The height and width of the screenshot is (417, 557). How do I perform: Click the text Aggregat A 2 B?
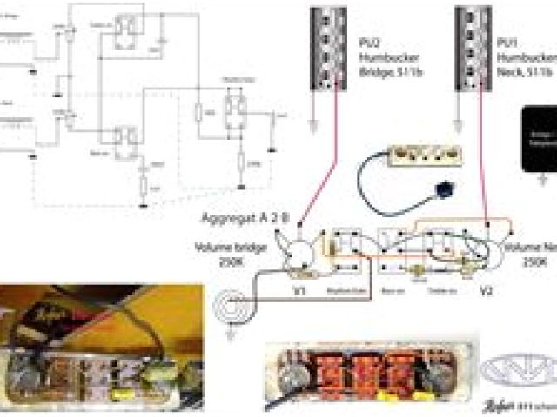[244, 217]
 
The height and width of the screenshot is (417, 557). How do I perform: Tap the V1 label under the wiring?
[299, 290]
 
